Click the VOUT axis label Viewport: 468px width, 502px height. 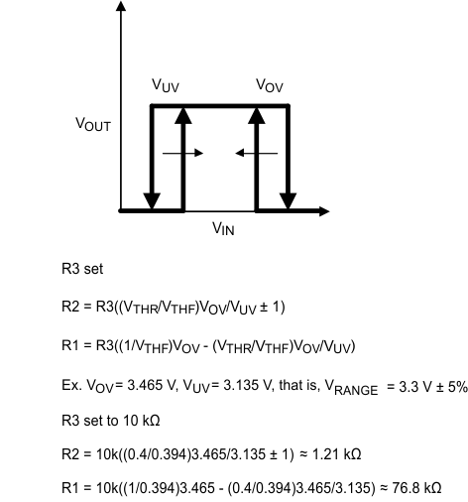click(93, 126)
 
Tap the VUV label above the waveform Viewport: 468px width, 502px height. click(165, 86)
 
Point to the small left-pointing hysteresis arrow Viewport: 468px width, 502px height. click(254, 153)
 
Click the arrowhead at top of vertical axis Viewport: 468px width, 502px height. click(121, 8)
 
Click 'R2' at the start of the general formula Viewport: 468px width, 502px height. click(70, 307)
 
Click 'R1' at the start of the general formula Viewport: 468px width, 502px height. click(70, 346)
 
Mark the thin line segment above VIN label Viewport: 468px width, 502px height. click(220, 211)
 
